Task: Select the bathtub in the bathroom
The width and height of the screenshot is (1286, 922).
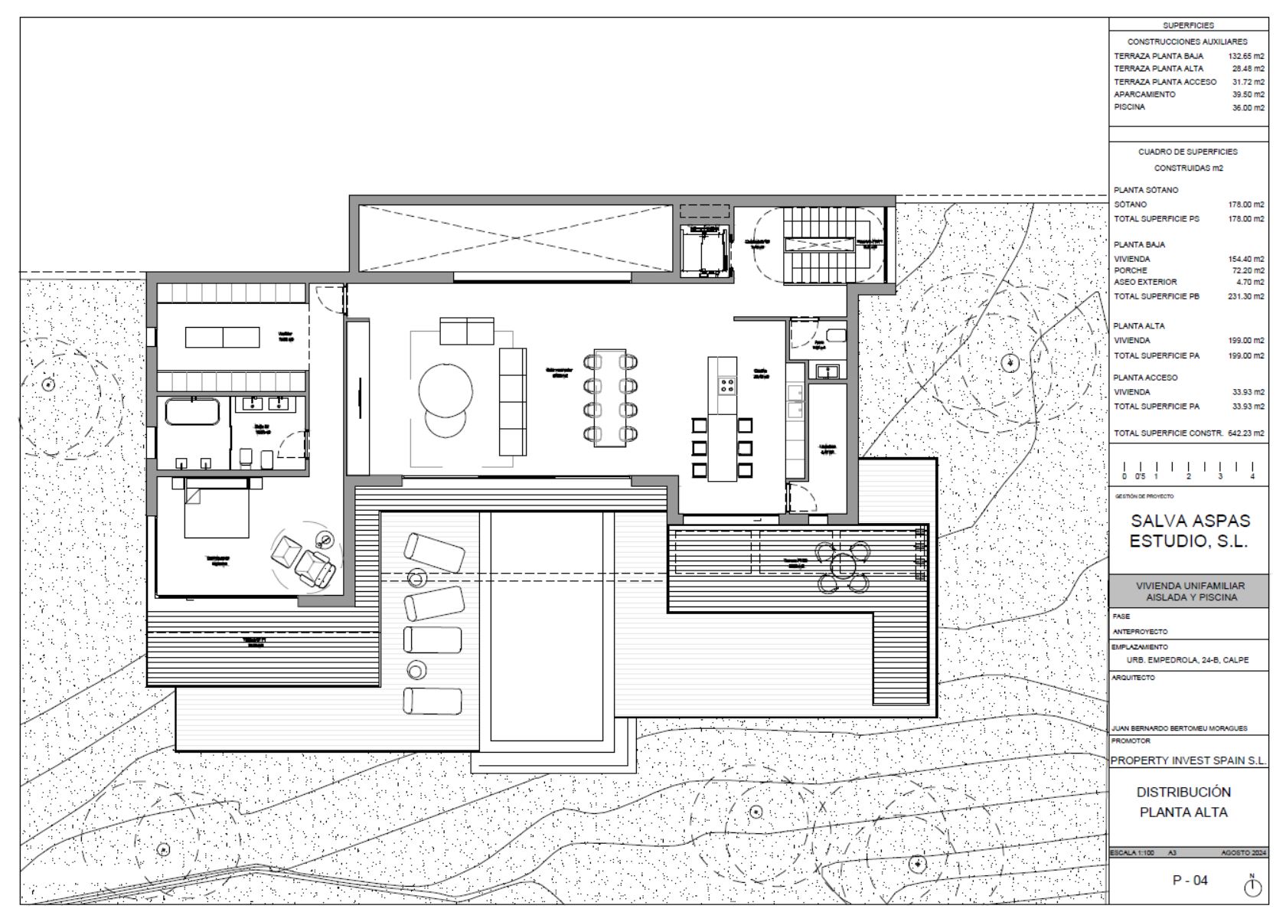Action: pos(193,411)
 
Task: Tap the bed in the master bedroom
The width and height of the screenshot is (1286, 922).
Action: pos(216,507)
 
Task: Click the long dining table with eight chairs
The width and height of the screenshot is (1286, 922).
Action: pos(610,398)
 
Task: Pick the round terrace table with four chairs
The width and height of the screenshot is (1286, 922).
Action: pos(842,567)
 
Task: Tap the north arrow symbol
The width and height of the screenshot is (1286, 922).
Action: pos(1252,886)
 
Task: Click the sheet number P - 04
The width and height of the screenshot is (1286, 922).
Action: pos(1190,880)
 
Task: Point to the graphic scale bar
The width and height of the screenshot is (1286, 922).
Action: pos(1187,468)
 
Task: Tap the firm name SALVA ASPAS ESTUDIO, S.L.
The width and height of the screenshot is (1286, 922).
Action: pos(1190,531)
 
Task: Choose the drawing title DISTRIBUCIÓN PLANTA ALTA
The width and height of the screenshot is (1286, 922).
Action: pos(1183,802)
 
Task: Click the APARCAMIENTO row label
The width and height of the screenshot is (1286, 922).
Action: pos(1144,94)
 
